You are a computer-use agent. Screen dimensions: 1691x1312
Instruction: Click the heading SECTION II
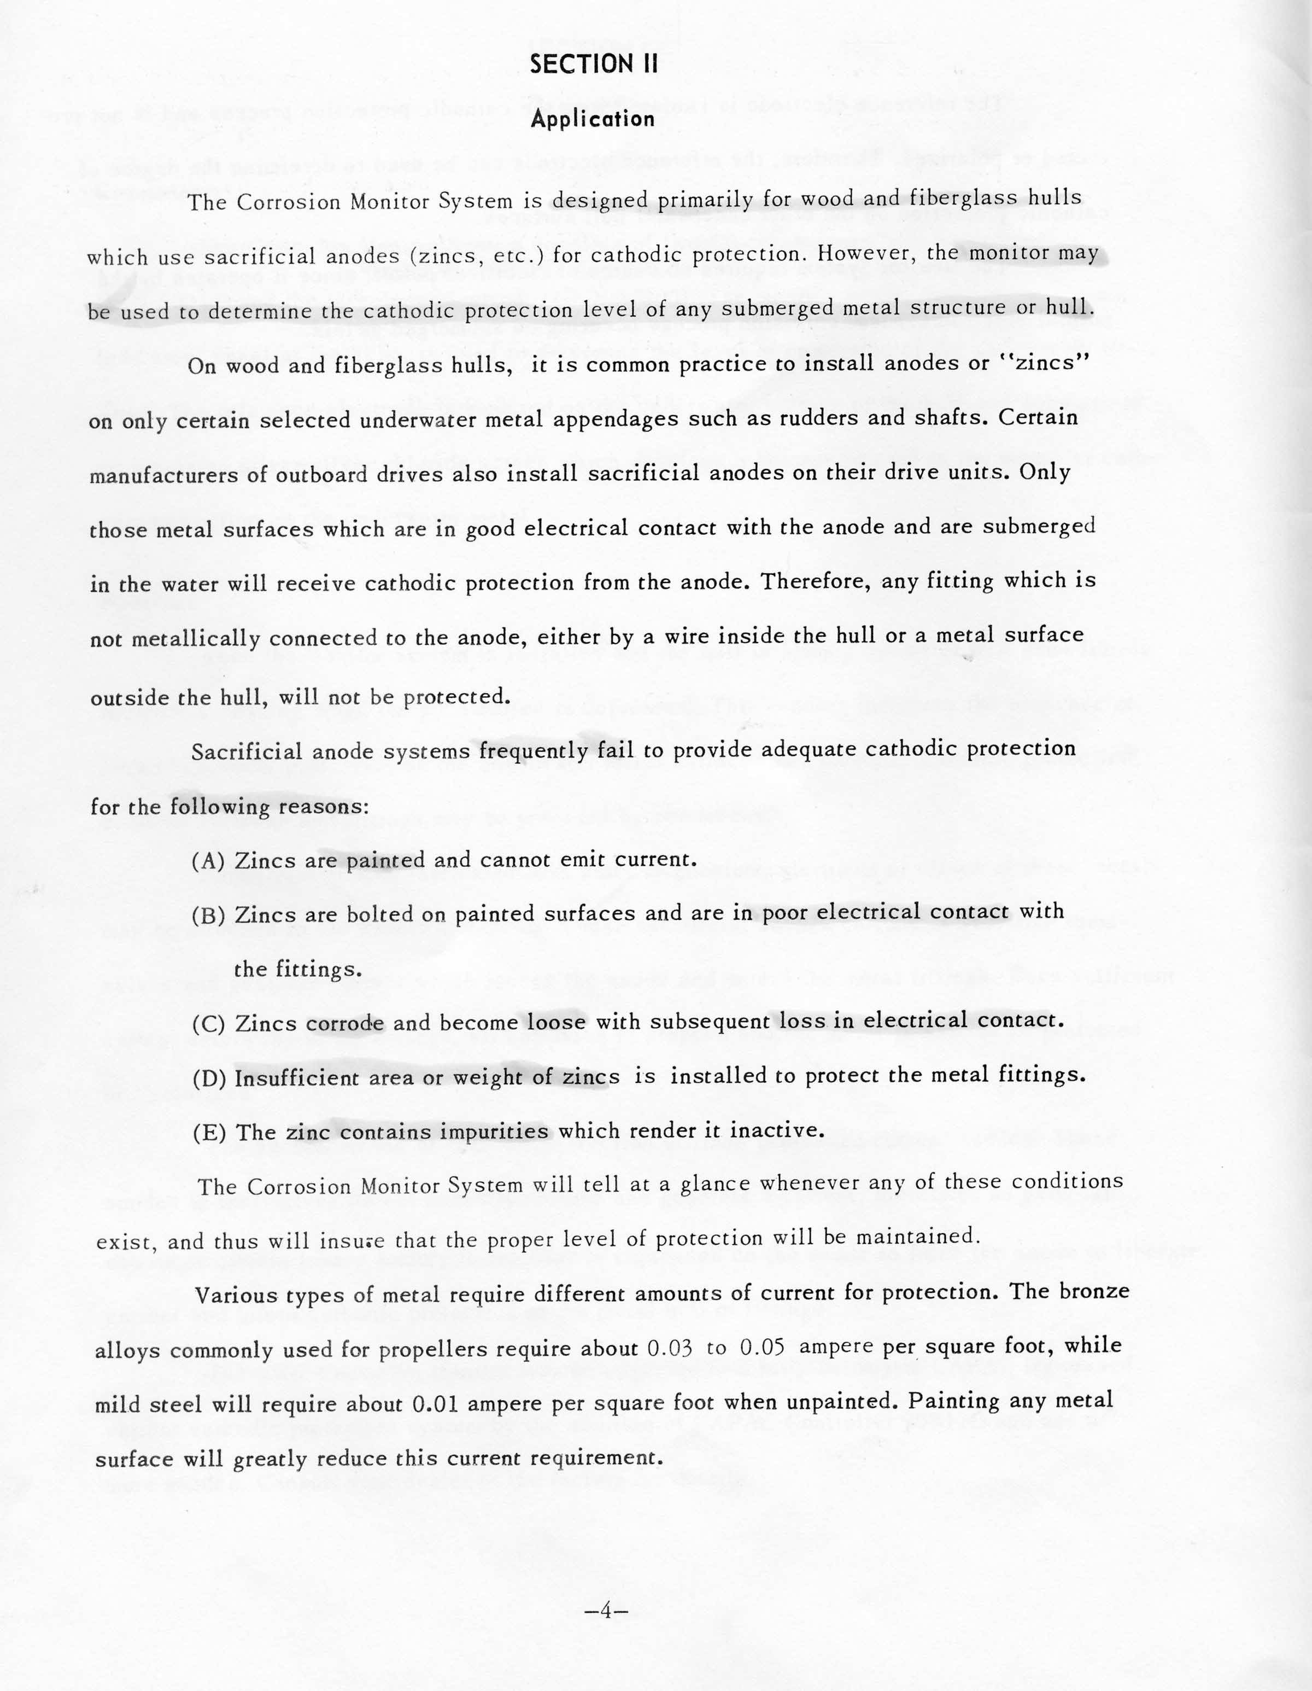[593, 65]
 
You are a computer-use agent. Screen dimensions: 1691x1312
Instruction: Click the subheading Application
[593, 119]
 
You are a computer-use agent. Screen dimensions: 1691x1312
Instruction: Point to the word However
[864, 253]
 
